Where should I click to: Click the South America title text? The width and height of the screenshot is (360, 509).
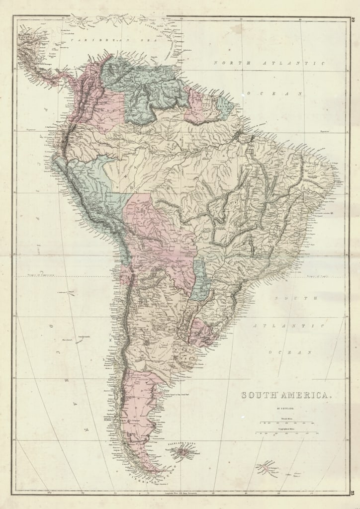pos(286,395)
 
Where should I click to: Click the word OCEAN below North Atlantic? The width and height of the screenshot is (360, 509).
pos(285,93)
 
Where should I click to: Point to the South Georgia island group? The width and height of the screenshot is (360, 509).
pos(269,467)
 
